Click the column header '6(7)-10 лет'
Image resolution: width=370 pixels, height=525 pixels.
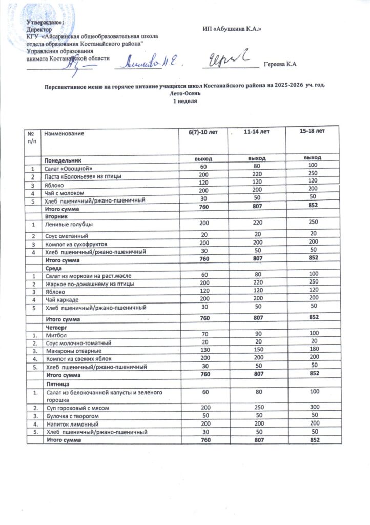[x=203, y=133]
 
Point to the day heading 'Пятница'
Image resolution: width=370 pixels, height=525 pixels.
[x=57, y=383]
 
